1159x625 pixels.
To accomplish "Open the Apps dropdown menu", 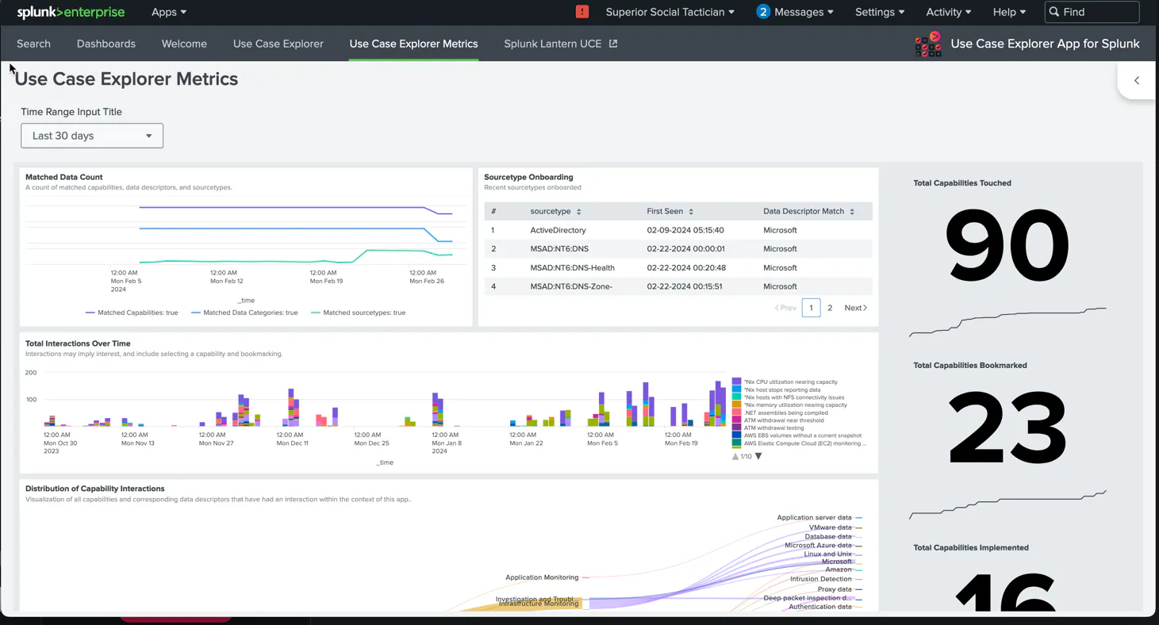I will [x=168, y=12].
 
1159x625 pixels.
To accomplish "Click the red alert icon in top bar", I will [x=582, y=12].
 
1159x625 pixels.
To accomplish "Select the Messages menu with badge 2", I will [x=794, y=12].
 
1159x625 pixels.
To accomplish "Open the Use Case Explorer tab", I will [x=278, y=44].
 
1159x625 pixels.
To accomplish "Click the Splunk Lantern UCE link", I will [x=560, y=44].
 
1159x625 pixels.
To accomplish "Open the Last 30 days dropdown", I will [x=92, y=136].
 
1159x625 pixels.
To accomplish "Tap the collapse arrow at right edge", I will [x=1136, y=80].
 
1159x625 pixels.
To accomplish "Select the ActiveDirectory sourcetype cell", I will [x=558, y=230].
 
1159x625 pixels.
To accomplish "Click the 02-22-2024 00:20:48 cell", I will [x=686, y=267].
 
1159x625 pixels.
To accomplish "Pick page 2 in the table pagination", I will [x=830, y=308].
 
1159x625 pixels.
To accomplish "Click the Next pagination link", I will [x=855, y=308].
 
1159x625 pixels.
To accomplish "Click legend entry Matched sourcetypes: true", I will [x=363, y=312].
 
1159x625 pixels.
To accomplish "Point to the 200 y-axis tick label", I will [x=31, y=372].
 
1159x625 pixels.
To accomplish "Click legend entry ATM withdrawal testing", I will [x=773, y=428].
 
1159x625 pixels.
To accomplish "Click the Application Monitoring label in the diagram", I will [x=542, y=577].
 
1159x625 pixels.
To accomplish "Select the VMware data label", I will [x=830, y=527].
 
